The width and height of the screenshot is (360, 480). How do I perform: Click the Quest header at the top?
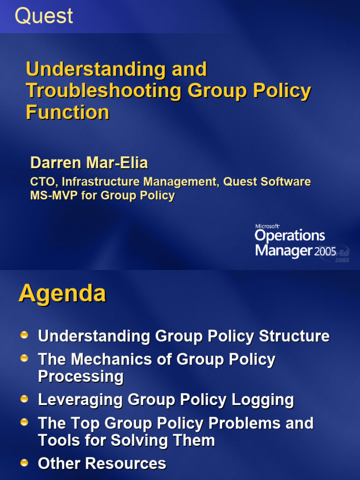point(44,16)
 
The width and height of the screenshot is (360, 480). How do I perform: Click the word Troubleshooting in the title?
point(103,90)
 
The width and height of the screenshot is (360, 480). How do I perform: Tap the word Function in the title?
point(67,112)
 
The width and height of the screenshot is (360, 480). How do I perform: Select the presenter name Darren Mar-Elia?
point(89,163)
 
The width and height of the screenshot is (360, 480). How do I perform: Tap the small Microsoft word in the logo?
point(267,226)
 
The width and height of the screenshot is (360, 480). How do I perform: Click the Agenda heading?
point(62,294)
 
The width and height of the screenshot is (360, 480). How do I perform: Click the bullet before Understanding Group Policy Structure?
point(25,335)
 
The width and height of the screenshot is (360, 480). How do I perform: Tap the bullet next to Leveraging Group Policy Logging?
point(25,398)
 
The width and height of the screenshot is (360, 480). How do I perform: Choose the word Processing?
point(81,376)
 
